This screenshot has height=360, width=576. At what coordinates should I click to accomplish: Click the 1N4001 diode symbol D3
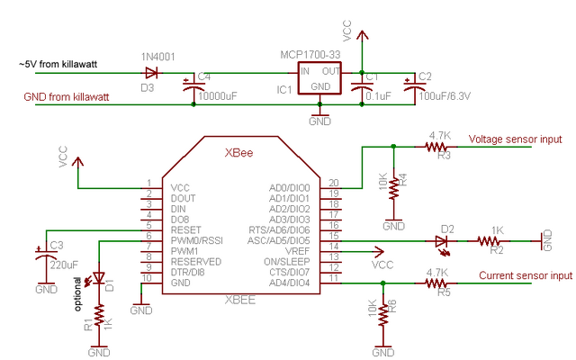[x=151, y=73]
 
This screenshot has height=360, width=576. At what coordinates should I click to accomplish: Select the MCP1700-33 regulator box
[x=319, y=78]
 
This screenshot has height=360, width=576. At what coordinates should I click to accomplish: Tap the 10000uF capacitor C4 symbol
[x=193, y=86]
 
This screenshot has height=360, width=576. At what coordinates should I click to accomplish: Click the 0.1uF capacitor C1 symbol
[x=362, y=86]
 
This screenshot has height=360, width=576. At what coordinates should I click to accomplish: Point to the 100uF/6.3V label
[x=445, y=96]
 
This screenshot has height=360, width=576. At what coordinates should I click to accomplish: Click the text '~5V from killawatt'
[x=58, y=64]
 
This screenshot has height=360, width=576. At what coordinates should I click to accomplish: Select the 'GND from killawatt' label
[x=67, y=97]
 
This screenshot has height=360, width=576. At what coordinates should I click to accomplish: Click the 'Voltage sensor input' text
[x=515, y=139]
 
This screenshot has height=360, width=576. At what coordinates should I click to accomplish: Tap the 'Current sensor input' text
[x=526, y=276]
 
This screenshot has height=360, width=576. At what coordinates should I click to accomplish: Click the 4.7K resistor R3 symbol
[x=436, y=147]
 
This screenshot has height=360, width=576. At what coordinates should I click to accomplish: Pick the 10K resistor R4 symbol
[x=393, y=188]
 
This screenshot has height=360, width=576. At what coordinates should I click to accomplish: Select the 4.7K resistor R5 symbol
[x=436, y=283]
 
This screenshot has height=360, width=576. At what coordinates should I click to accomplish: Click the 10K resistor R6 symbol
[x=383, y=315]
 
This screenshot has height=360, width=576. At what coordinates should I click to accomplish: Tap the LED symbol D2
[x=441, y=241]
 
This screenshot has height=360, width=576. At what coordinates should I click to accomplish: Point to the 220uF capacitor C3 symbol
[x=46, y=253]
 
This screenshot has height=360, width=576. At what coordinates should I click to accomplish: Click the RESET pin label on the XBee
[x=186, y=230]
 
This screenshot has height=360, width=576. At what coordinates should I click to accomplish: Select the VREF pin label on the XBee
[x=298, y=251]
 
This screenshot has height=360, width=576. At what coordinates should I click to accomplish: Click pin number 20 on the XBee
[x=334, y=183]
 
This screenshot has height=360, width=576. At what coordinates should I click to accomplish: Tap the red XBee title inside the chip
[x=238, y=153]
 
